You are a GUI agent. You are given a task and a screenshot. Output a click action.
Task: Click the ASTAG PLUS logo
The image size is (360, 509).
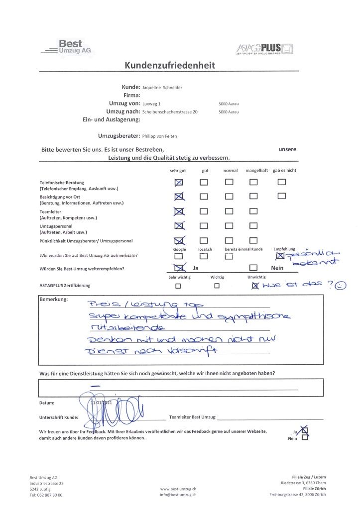point(265,48)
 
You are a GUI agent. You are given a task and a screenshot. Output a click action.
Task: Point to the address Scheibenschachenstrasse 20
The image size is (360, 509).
point(170,112)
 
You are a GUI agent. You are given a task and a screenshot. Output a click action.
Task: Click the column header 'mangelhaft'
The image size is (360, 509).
point(256,171)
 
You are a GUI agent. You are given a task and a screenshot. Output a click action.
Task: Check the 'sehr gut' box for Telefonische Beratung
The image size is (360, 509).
point(179,182)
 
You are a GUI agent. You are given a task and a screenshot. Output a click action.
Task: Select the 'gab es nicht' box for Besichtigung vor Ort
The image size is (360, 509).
point(282,196)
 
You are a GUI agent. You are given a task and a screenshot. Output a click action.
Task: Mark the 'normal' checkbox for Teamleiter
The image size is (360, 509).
point(229,211)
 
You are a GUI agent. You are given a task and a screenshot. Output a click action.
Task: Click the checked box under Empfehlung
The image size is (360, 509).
point(280,256)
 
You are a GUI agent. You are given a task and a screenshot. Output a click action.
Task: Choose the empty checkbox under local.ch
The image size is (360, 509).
point(204,256)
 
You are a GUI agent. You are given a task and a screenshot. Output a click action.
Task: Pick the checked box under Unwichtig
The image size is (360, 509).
point(255,286)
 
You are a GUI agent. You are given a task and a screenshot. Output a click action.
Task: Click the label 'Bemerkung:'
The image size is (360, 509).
point(53,300)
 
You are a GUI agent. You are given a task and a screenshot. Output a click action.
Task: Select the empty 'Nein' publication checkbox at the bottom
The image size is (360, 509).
point(305,438)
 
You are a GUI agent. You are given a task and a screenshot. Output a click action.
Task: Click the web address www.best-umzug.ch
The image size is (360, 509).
point(178,489)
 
